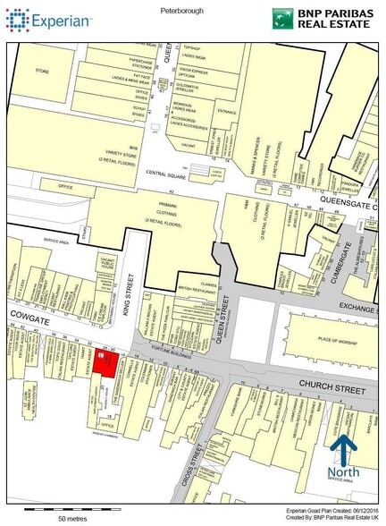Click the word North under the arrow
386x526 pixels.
click(x=342, y=472)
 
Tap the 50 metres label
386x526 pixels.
click(x=73, y=518)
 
